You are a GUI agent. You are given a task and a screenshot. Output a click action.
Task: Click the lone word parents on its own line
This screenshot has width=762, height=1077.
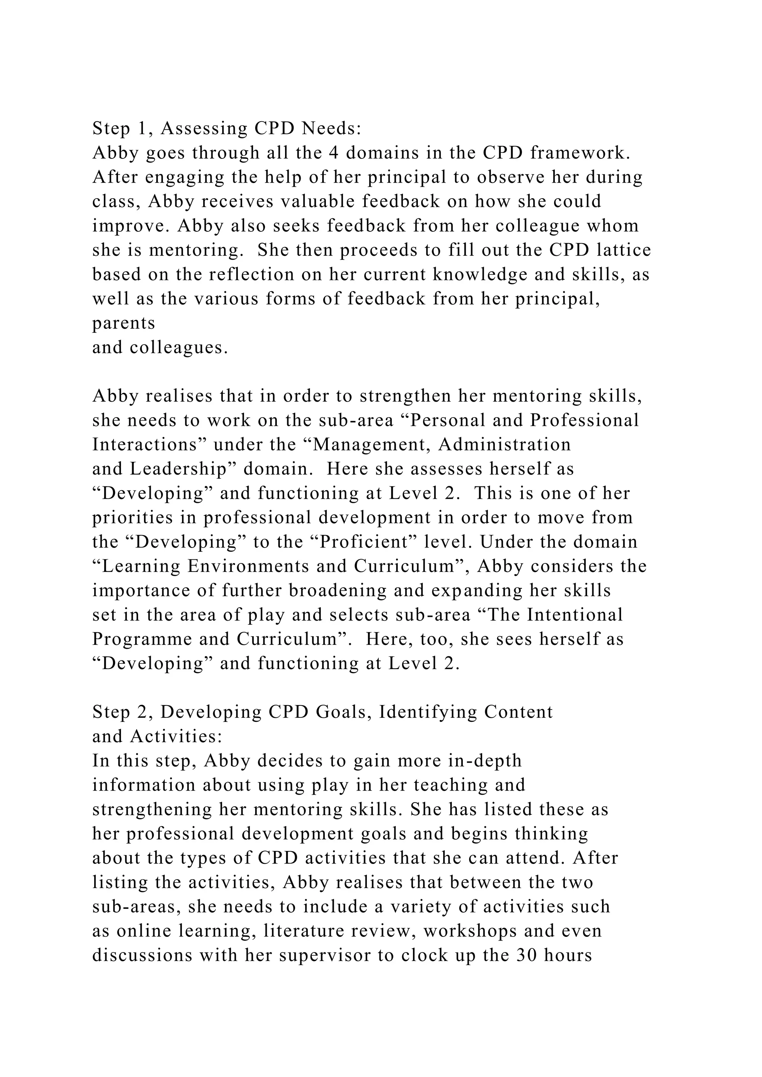(124, 323)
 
